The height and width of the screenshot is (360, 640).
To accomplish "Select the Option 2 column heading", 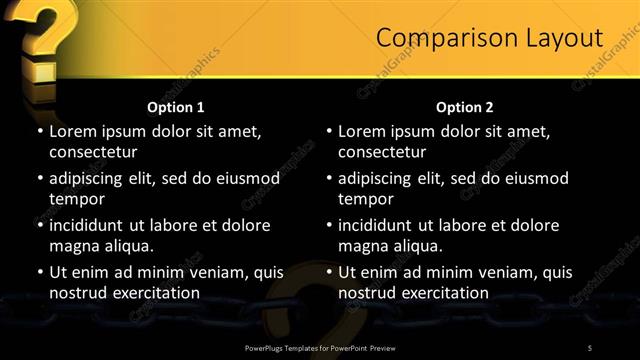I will point(464,107).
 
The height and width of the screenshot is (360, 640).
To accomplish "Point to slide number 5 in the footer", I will point(590,347).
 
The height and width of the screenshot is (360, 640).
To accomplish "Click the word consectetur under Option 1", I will point(92,152).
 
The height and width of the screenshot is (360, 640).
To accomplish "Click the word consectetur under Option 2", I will point(381,152).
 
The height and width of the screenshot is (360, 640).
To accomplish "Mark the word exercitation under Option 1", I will point(151,293).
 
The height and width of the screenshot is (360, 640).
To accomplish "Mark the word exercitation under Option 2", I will point(440,293).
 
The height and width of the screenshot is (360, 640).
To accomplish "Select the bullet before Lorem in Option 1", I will point(39,132).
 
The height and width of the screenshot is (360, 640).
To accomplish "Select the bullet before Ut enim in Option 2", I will point(328,272).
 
